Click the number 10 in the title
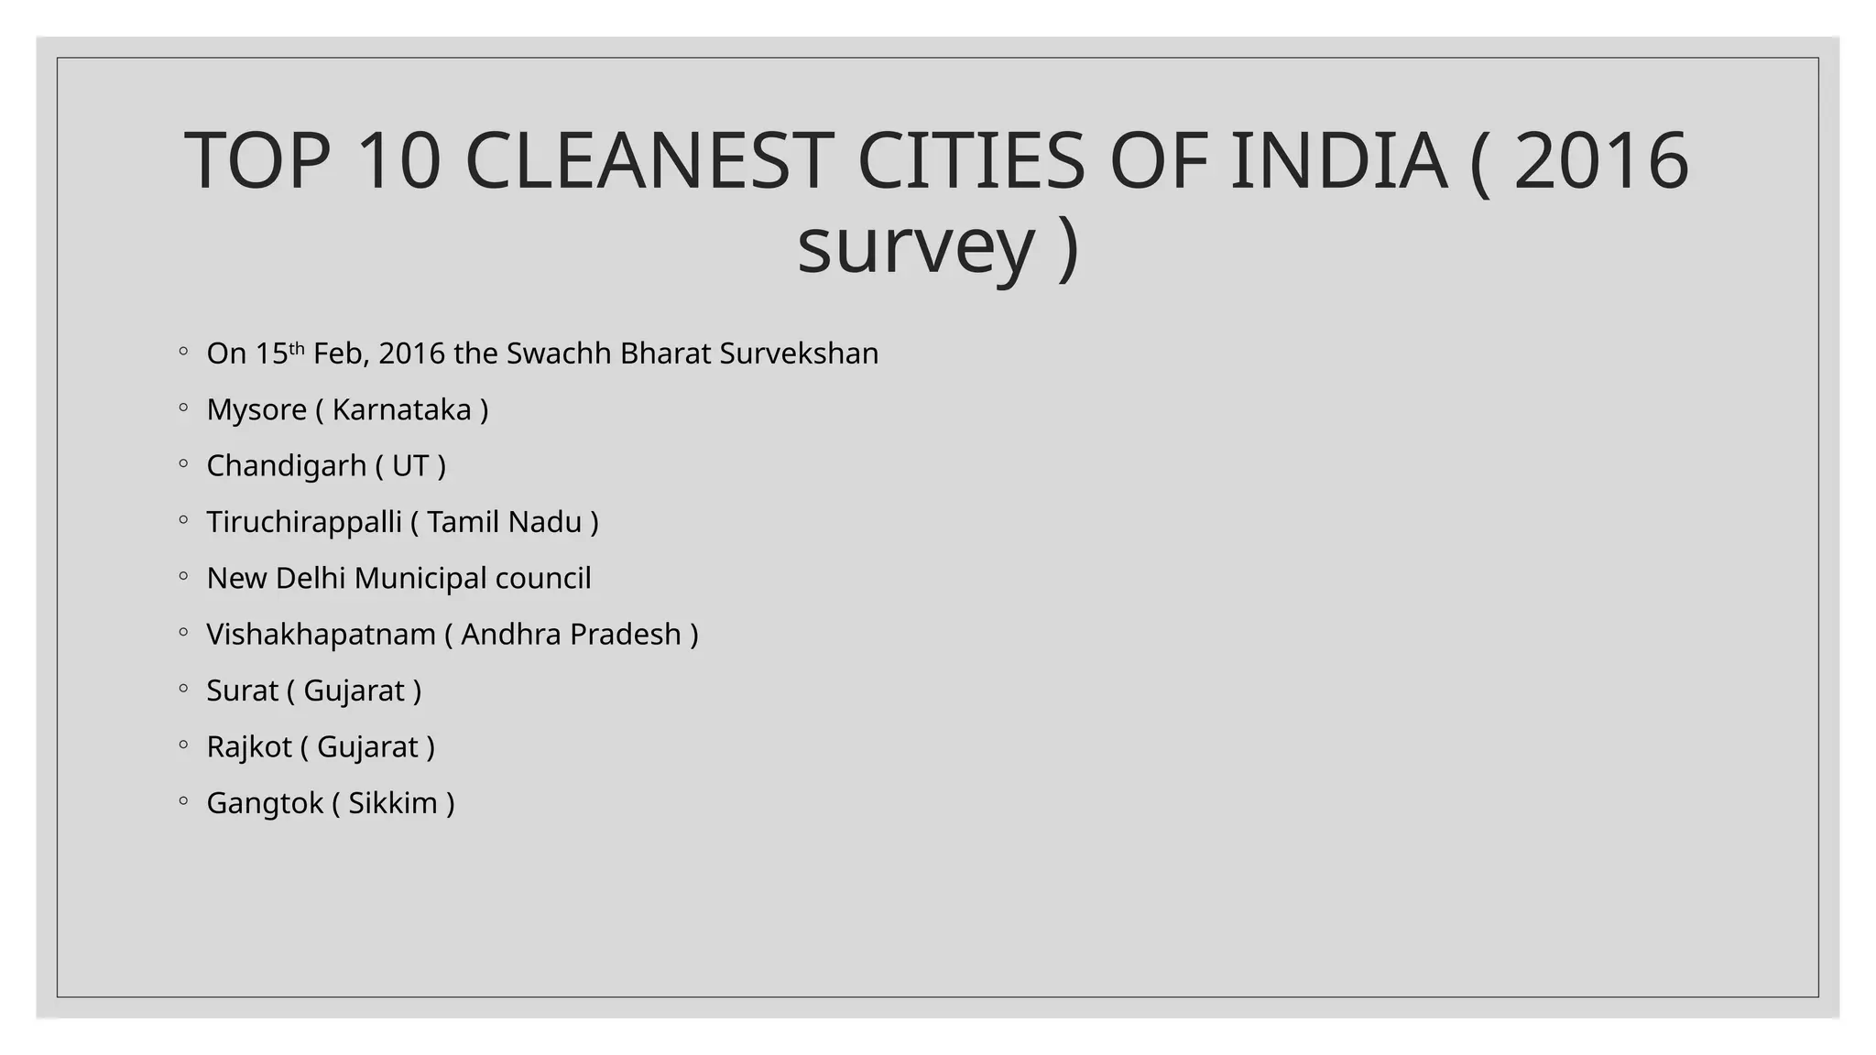398,161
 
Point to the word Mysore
256,409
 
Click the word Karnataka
401,409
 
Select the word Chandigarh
286,466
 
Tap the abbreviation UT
410,466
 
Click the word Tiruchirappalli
304,522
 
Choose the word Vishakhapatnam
321,635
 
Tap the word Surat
242,691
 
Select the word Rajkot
248,747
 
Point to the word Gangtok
265,803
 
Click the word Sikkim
393,803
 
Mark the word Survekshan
799,353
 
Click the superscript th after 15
297,348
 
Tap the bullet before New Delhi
183,577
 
